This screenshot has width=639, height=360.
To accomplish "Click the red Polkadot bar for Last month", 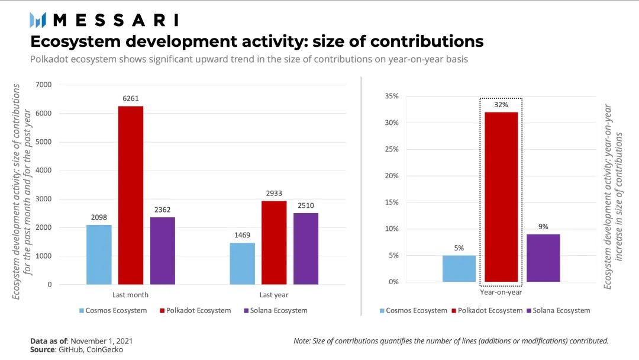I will tap(131, 195).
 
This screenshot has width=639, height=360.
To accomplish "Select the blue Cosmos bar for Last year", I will tap(242, 263).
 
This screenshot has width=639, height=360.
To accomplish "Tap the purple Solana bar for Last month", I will tap(163, 250).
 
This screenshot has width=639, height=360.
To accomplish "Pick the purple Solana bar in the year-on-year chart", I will tap(543, 258).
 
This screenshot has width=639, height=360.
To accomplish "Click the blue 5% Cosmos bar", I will tap(459, 268).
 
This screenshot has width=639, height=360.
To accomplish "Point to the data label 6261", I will tap(131, 98).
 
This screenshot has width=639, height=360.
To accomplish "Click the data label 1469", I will tap(242, 235).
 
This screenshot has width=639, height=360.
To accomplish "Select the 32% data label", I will tap(501, 104).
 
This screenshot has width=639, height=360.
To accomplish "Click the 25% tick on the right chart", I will tap(391, 149).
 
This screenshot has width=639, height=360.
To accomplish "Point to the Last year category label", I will tap(274, 294).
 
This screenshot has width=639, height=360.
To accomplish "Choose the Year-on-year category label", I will tap(501, 291).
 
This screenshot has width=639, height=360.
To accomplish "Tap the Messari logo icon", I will tap(38, 20).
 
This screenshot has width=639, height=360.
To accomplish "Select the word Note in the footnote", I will tap(302, 341).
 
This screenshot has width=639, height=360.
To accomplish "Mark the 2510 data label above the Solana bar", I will tap(306, 205).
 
